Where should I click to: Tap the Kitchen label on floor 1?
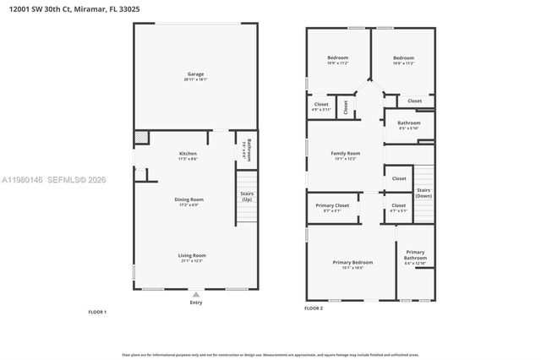[x=188, y=155]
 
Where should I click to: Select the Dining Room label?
[x=188, y=202]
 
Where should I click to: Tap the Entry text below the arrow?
[x=196, y=302]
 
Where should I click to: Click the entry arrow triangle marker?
[x=196, y=293]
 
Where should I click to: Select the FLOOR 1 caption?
[x=97, y=312]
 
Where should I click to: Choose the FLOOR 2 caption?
[x=314, y=308]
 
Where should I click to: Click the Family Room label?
[x=345, y=155]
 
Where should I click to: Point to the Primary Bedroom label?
[x=352, y=265]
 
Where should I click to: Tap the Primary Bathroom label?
[x=415, y=257]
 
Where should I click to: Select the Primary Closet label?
[x=332, y=207]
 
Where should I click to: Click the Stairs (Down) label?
[x=424, y=194]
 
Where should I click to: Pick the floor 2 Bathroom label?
[x=408, y=125]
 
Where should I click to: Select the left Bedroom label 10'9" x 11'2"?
[x=337, y=61]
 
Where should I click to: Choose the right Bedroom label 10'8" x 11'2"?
[x=403, y=61]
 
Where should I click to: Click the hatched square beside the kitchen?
[x=141, y=139]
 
